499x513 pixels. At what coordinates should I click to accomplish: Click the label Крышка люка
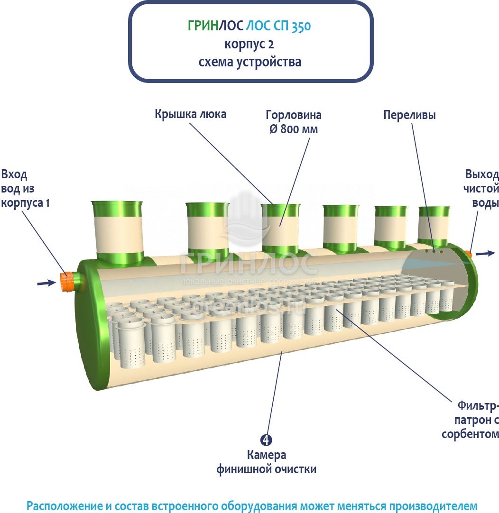coord(190,114)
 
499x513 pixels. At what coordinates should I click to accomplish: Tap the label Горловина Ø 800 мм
coord(293,122)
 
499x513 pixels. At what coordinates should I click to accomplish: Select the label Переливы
coord(409,115)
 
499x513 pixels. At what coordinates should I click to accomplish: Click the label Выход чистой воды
coord(482,188)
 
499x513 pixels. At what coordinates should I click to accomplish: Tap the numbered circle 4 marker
coord(267,440)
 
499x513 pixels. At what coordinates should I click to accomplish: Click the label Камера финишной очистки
coord(267,462)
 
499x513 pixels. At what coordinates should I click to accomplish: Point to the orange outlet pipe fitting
coord(469,255)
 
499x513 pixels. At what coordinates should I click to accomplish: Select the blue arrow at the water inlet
coord(46,283)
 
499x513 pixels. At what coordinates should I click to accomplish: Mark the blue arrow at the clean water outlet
coord(485,254)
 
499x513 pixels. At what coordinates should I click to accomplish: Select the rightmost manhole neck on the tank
coord(433,224)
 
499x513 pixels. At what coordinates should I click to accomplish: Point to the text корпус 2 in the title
coord(249,45)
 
